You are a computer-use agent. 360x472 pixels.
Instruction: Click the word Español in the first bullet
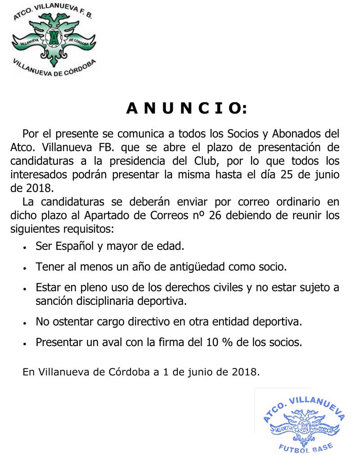[79, 246]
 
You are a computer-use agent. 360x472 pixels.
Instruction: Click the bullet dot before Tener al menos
[27, 268]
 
